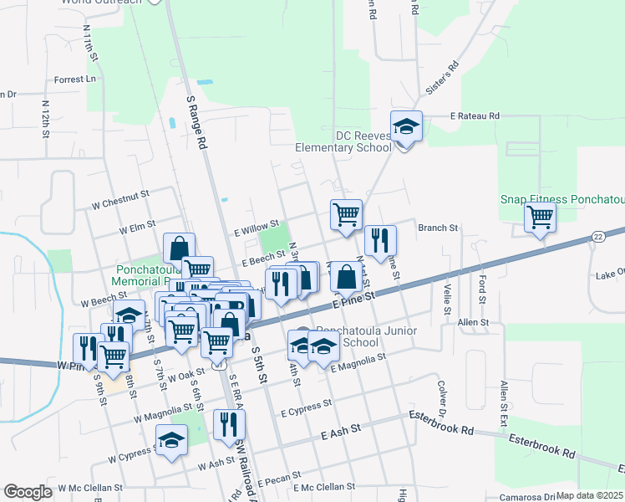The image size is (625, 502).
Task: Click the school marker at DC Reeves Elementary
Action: (x=406, y=127)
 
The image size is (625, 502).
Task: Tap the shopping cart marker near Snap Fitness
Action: (x=540, y=218)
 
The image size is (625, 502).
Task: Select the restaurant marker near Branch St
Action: (x=380, y=241)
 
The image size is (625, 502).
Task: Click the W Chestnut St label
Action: (x=120, y=199)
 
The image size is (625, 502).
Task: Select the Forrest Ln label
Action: (x=74, y=79)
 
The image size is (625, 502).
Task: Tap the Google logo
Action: (x=28, y=492)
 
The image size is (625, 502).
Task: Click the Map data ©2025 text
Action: (x=589, y=495)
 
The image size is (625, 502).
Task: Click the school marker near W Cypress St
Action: (x=171, y=440)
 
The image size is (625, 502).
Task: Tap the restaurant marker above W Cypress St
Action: (x=227, y=424)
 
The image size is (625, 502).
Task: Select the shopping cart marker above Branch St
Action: (x=345, y=214)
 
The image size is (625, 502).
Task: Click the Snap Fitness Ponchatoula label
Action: (x=561, y=199)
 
